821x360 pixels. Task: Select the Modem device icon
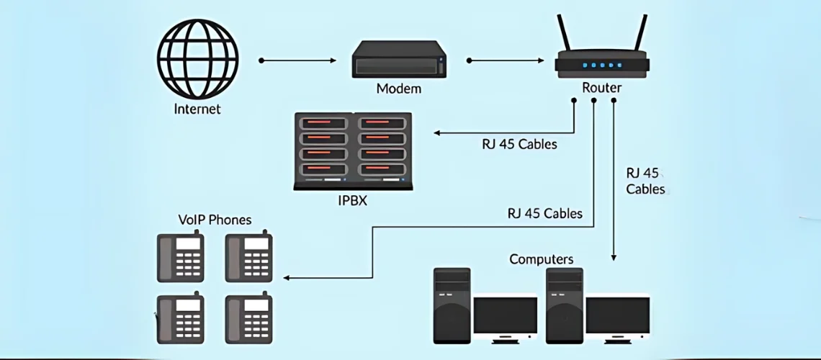[x=398, y=60]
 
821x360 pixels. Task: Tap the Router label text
[x=601, y=88]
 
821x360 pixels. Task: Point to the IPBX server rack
[x=353, y=150]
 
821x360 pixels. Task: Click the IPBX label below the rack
[x=352, y=201]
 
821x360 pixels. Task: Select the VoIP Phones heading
[x=215, y=220]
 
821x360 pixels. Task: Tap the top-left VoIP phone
[x=181, y=257]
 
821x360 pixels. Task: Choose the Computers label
[x=542, y=259]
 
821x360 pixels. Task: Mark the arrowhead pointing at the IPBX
[x=436, y=132]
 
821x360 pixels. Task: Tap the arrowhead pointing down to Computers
[x=614, y=256]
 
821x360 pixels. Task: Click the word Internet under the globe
[x=197, y=109]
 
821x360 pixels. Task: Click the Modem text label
[x=398, y=89]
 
